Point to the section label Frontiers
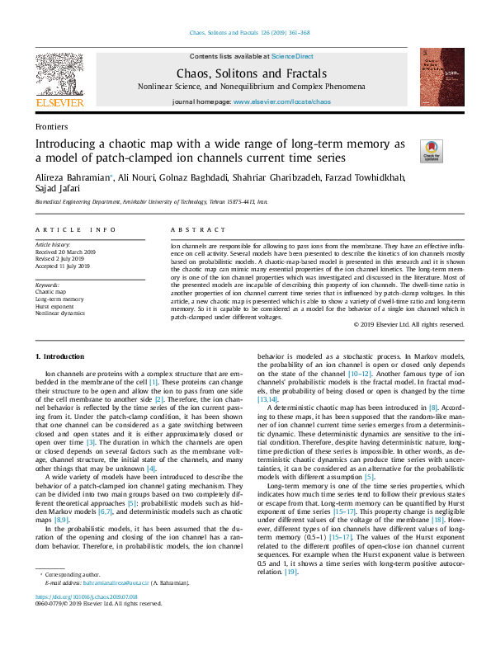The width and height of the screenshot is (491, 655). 51,126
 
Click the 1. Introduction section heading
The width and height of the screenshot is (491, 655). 63,356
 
